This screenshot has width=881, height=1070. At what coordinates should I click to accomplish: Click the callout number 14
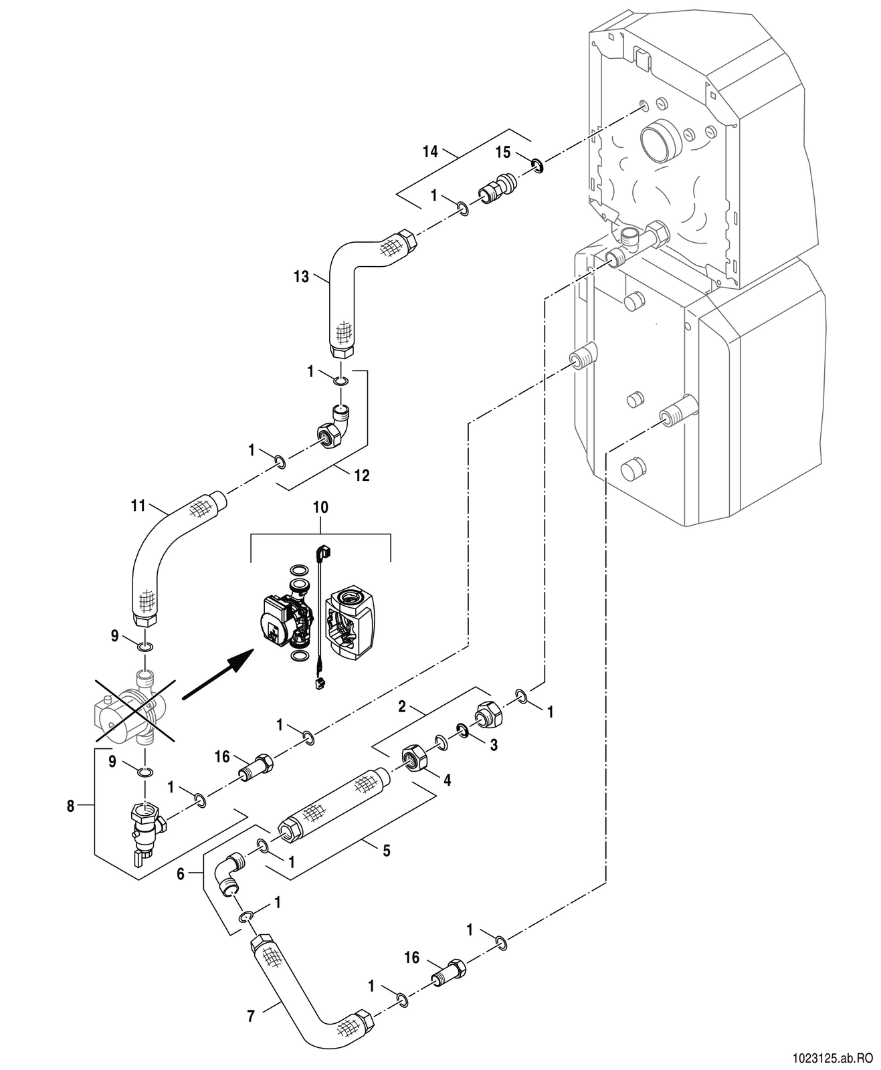(x=430, y=152)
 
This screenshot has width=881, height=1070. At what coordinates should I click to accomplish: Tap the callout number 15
(x=502, y=152)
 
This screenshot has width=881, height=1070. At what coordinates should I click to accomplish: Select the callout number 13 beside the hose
(x=301, y=277)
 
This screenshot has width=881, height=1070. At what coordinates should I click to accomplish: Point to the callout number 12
(x=362, y=475)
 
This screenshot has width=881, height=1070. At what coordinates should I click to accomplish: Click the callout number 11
(x=138, y=506)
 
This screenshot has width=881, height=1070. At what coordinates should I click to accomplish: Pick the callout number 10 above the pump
(x=320, y=508)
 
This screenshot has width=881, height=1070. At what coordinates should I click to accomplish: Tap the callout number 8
(x=70, y=806)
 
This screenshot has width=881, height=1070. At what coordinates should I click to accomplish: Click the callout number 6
(x=181, y=874)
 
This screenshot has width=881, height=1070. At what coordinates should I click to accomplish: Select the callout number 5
(x=387, y=851)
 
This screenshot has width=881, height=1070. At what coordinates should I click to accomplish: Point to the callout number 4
(x=447, y=780)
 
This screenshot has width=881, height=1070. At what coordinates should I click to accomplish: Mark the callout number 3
(x=494, y=745)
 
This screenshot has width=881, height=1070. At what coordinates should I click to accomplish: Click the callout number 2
(x=402, y=707)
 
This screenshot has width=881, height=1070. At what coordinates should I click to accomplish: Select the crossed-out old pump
(x=136, y=712)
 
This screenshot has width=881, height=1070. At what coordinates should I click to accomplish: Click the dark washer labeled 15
(x=536, y=165)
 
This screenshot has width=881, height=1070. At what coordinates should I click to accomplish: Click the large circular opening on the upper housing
(x=661, y=142)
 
